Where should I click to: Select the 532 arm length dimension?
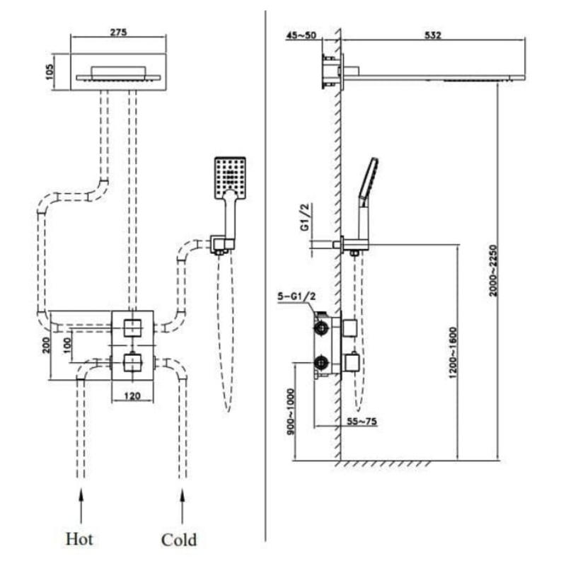(433, 36)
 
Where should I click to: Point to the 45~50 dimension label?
(302, 36)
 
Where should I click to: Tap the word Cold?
(178, 539)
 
